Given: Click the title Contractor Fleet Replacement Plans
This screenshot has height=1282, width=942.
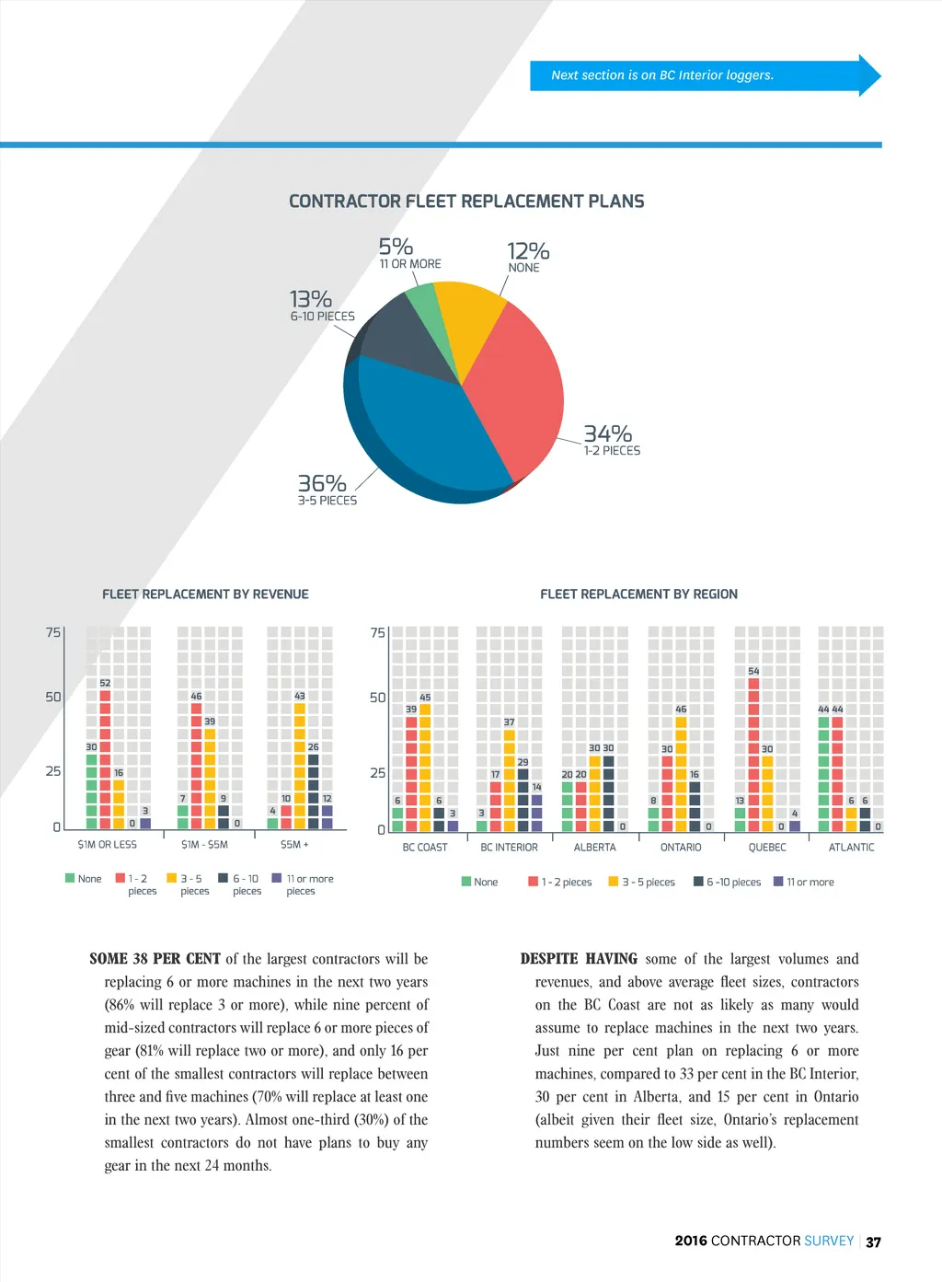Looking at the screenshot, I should pos(466,202).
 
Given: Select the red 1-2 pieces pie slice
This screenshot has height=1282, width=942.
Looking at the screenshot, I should pos(515,387).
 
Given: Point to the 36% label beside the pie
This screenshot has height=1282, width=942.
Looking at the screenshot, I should pos(322,484).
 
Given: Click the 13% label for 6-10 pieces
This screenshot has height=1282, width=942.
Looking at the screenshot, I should pos(311,300).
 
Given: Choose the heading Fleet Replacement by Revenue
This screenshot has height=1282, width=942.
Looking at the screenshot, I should pos(205,595).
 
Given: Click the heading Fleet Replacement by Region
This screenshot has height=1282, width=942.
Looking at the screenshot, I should pos(638,595).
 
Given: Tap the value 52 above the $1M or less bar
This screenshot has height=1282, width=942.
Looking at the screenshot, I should pos(105,683).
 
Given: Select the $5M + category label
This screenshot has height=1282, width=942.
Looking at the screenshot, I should pos(294,845).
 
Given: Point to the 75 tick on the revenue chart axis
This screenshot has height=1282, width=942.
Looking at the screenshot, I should pos(53,633).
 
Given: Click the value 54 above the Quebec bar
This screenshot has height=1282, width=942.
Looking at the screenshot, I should pos(753,671).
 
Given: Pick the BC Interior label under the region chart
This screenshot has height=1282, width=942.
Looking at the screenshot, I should pos(509,848).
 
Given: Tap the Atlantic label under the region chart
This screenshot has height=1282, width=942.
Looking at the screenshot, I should pos(851,848).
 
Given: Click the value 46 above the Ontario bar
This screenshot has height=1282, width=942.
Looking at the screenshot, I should pos(681,710).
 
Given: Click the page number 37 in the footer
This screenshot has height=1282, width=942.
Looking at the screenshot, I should pos(873,1242).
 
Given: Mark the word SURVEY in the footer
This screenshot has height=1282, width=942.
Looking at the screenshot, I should pos(829,1241).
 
